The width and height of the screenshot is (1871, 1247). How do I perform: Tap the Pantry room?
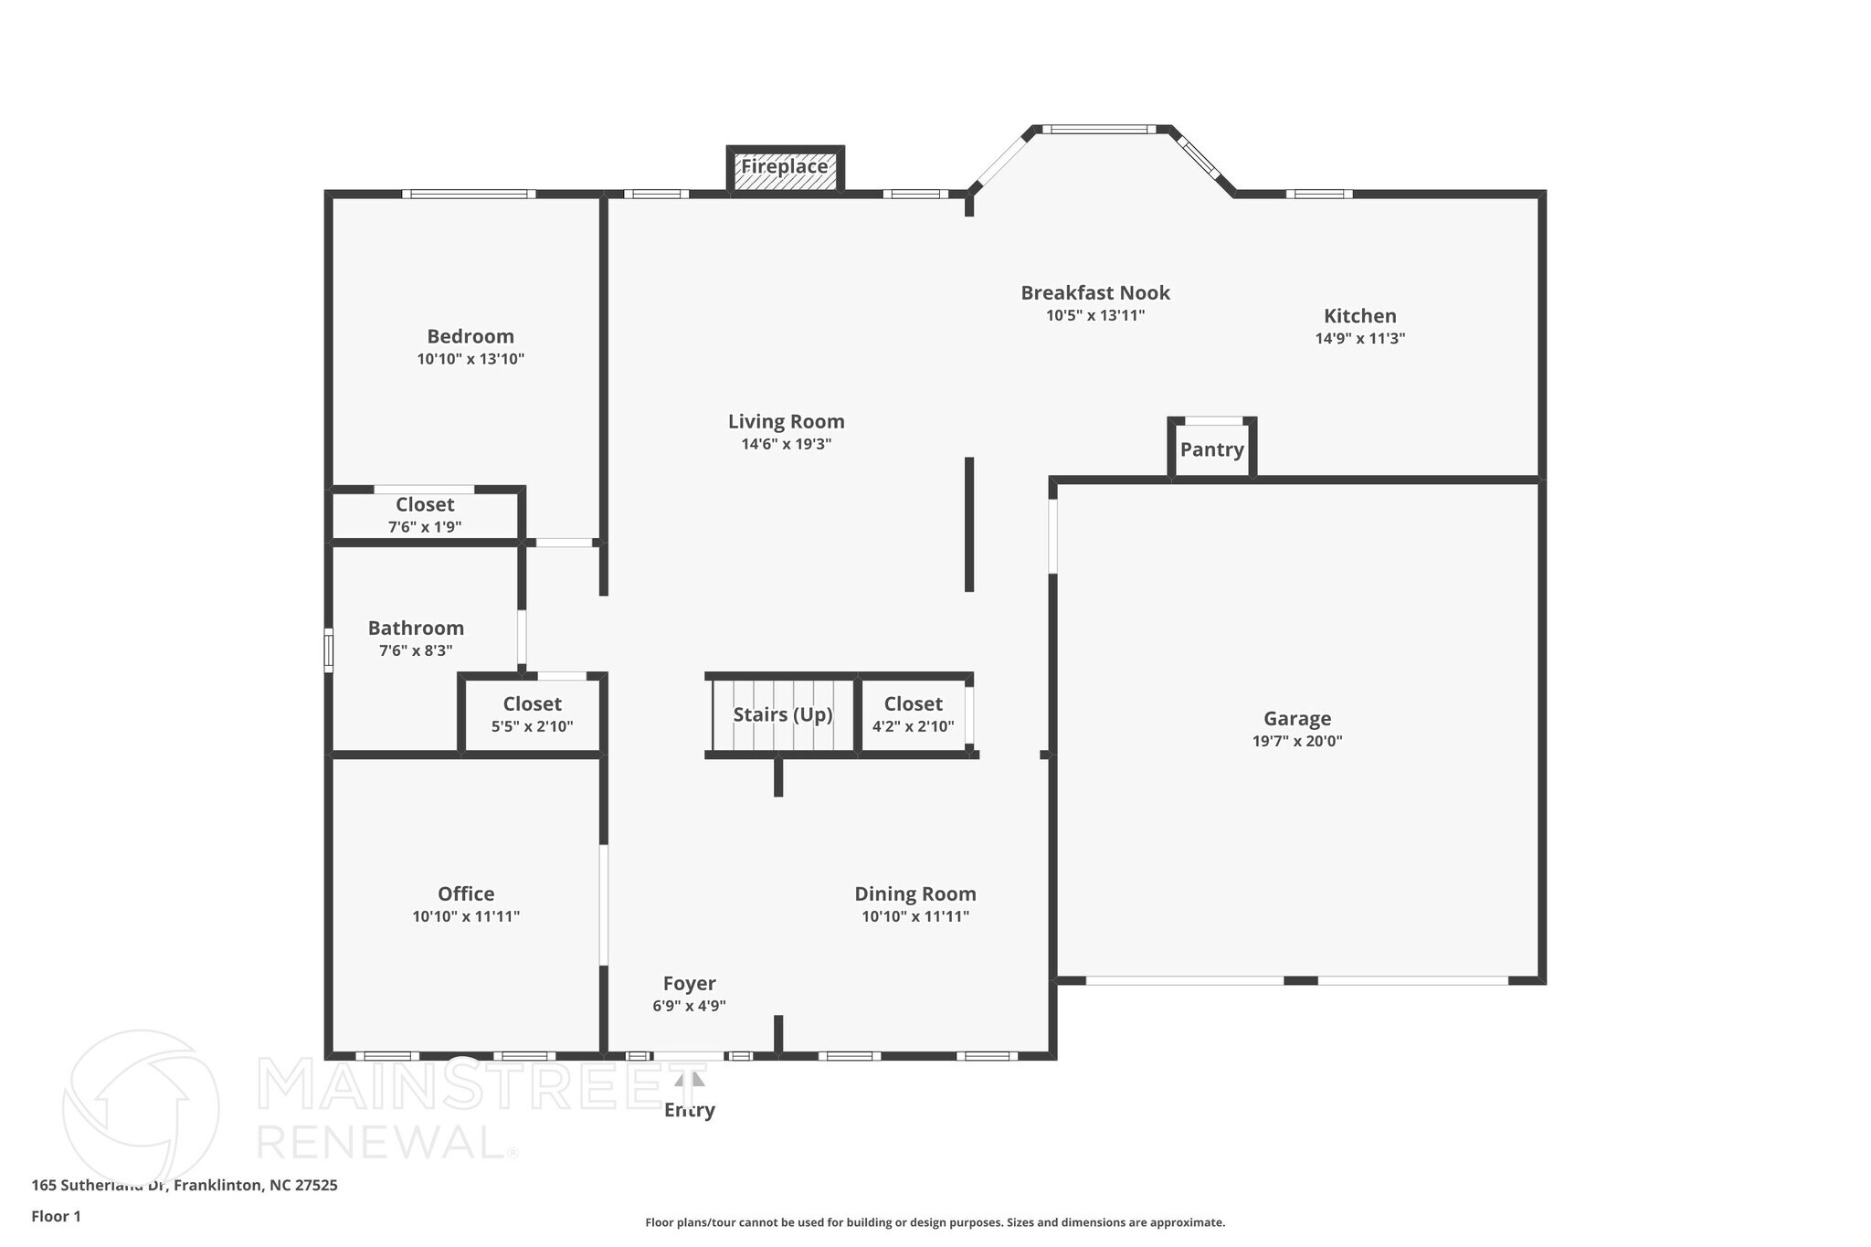pyautogui.click(x=1211, y=449)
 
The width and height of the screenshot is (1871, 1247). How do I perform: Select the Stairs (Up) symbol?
pyautogui.click(x=783, y=714)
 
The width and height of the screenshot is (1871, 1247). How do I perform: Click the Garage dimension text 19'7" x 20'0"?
pyautogui.click(x=1296, y=741)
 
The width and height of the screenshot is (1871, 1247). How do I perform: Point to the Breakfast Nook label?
pyautogui.click(x=1094, y=293)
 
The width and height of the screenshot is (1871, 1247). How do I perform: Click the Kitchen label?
pyautogui.click(x=1359, y=316)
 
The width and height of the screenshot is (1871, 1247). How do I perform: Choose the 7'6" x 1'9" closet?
pyautogui.click(x=425, y=515)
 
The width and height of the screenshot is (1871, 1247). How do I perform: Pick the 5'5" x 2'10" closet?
pyautogui.click(x=532, y=715)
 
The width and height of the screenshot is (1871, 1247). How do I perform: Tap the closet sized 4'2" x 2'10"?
pyautogui.click(x=913, y=715)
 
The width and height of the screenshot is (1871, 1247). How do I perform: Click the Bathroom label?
pyautogui.click(x=416, y=629)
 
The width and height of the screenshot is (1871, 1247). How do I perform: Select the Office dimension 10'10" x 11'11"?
pyautogui.click(x=466, y=916)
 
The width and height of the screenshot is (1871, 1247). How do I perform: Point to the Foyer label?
pyautogui.click(x=689, y=984)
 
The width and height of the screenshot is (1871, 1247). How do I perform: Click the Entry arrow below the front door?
pyautogui.click(x=690, y=1080)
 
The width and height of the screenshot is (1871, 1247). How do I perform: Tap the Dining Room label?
pyautogui.click(x=914, y=894)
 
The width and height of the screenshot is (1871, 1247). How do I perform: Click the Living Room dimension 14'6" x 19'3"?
pyautogui.click(x=786, y=445)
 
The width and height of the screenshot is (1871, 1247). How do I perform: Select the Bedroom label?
pyautogui.click(x=470, y=337)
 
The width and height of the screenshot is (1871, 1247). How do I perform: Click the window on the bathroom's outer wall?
pyautogui.click(x=329, y=650)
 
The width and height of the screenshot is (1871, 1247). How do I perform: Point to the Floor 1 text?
pyautogui.click(x=56, y=1216)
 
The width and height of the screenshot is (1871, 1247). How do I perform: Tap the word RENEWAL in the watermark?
pyautogui.click(x=381, y=1141)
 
